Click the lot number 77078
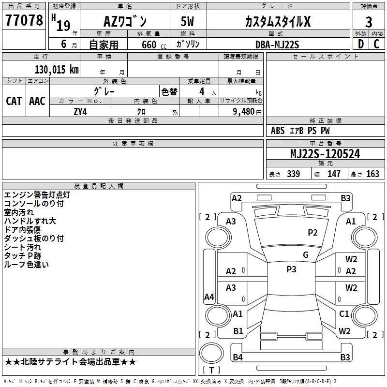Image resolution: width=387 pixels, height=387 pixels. (24, 21)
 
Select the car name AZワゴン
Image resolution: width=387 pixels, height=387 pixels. (126, 22)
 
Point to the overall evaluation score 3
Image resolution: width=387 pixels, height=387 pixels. (369, 22)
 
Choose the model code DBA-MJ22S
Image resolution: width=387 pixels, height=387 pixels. (277, 45)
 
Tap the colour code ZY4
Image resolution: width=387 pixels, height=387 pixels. (80, 111)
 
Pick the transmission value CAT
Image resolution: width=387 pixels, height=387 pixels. (14, 101)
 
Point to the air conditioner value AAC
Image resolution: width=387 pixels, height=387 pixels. (37, 101)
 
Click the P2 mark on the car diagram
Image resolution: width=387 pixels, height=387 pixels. (313, 233)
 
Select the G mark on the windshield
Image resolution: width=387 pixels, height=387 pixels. (306, 255)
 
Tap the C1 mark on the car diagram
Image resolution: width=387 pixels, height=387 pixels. (344, 314)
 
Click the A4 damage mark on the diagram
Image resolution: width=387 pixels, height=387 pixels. (209, 297)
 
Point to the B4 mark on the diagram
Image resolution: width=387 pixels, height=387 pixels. (238, 357)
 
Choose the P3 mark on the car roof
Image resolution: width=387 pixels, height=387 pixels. (291, 269)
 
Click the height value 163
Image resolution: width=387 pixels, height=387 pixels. (372, 174)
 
